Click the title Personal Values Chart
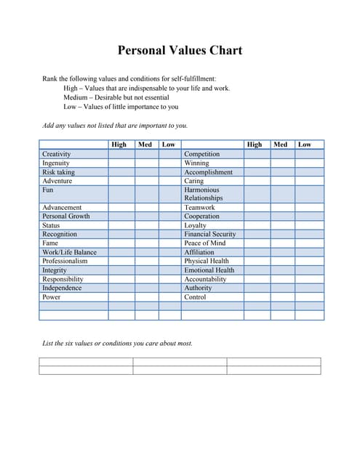[180, 51]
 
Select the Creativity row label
[56, 154]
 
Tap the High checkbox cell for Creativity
[121, 154]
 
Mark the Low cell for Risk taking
[169, 172]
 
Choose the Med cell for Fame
[146, 243]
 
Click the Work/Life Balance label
[69, 252]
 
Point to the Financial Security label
[209, 234]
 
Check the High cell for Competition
[256, 154]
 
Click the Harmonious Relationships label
[204, 194]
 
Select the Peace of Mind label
[204, 243]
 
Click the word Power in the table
[51, 296]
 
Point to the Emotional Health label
[209, 270]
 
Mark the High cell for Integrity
[121, 270]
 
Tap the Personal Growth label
[65, 217]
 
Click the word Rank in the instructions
[49, 78]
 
